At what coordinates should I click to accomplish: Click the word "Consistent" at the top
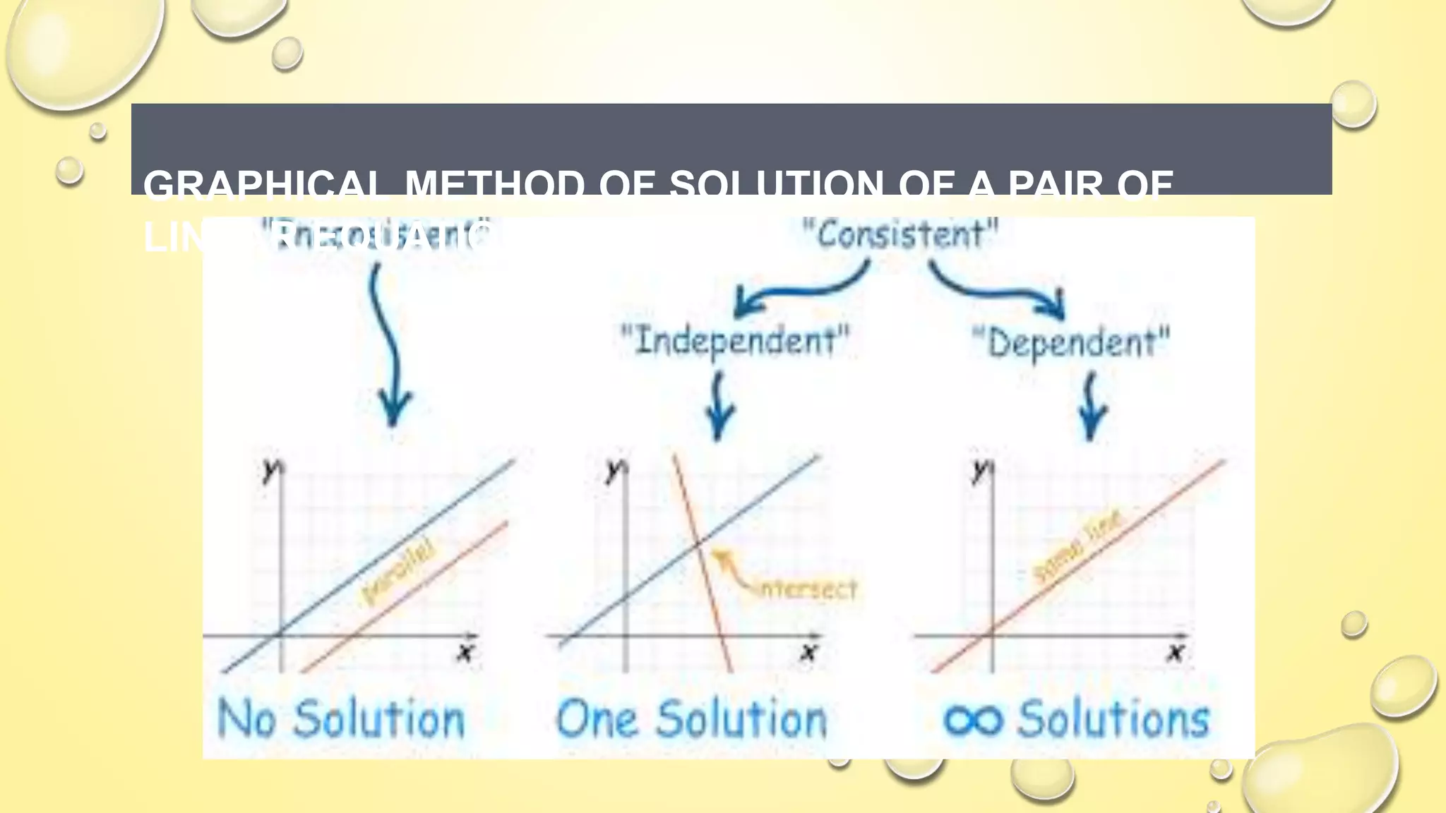pyautogui.click(x=900, y=234)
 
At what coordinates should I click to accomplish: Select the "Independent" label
pyautogui.click(x=734, y=341)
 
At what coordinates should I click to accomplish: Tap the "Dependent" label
pyautogui.click(x=1071, y=343)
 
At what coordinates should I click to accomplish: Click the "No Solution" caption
pyautogui.click(x=341, y=719)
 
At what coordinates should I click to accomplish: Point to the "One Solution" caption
pyautogui.click(x=691, y=719)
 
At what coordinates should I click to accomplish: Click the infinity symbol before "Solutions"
pyautogui.click(x=973, y=721)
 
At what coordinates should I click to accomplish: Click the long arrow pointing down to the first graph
pyautogui.click(x=388, y=346)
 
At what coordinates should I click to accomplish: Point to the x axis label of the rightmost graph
pyautogui.click(x=1176, y=651)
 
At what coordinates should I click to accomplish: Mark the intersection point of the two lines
pyautogui.click(x=698, y=543)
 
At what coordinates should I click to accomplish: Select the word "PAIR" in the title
pyautogui.click(x=1055, y=186)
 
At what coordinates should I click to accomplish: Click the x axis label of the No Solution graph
pyautogui.click(x=465, y=651)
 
